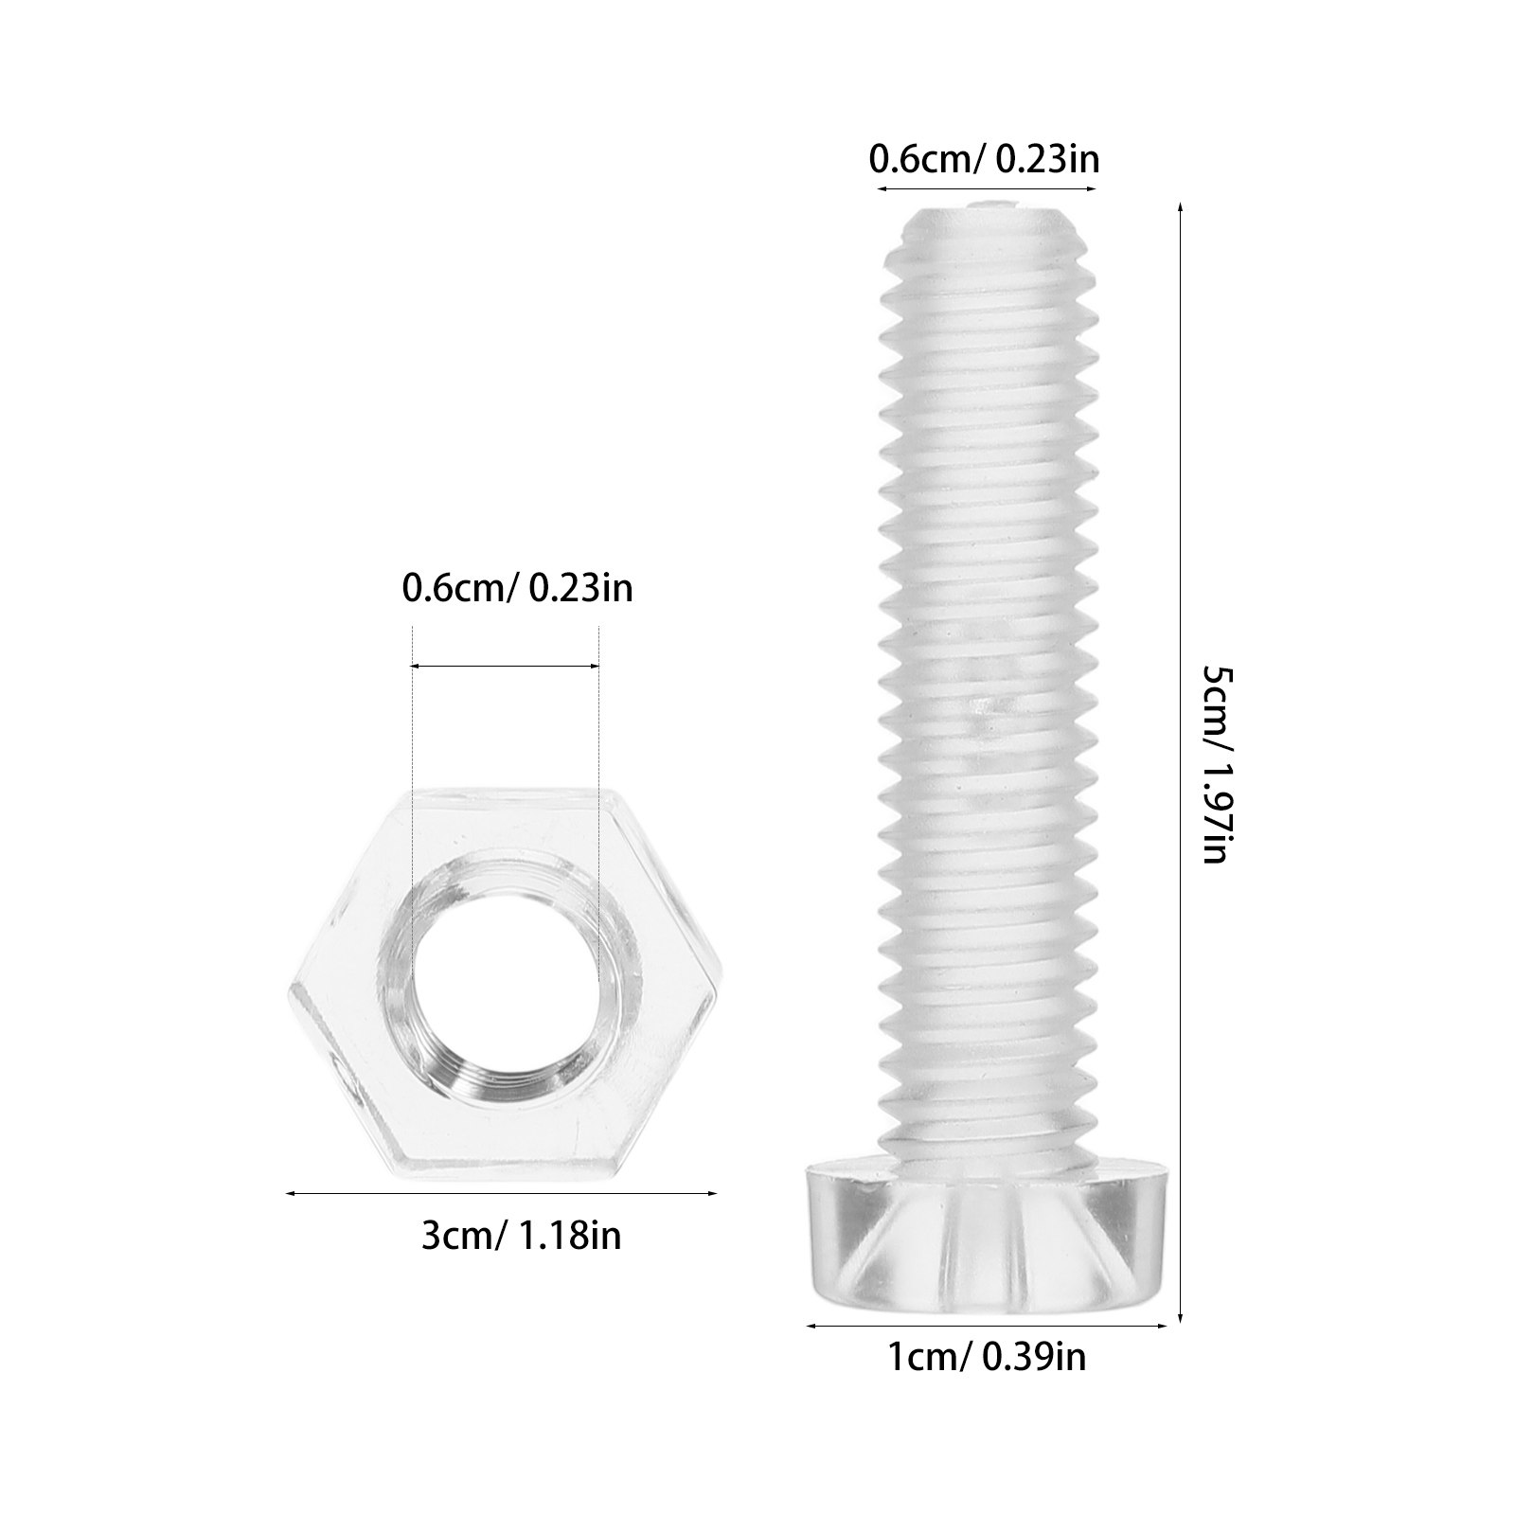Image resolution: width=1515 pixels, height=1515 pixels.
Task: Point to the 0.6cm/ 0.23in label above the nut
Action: click(x=518, y=589)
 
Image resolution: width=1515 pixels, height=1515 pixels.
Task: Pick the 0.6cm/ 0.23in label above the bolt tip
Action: click(x=985, y=160)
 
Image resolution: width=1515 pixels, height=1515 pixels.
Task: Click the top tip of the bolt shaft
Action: click(x=985, y=202)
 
